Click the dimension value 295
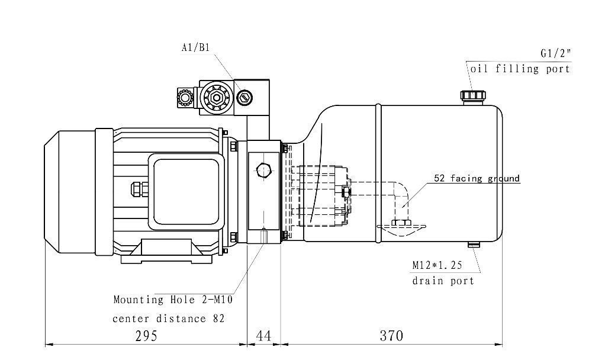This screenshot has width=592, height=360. click(x=146, y=336)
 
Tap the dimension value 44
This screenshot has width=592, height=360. click(x=263, y=336)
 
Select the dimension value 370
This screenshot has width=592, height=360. click(x=391, y=336)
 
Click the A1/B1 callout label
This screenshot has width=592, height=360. click(x=195, y=47)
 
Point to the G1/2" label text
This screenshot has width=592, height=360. click(x=556, y=53)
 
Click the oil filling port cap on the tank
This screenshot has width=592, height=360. click(x=472, y=95)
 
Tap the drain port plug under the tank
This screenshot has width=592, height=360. click(x=474, y=245)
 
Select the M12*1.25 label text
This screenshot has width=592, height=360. click(x=437, y=265)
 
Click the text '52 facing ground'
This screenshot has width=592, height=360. click(x=477, y=178)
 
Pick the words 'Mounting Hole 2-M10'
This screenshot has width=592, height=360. click(x=173, y=300)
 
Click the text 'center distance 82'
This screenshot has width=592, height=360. click(x=168, y=319)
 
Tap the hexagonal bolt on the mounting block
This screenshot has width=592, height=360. click(x=264, y=171)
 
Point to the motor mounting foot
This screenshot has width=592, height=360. click(x=166, y=252)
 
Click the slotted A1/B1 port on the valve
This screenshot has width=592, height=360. click(x=244, y=98)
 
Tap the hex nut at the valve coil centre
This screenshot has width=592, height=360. click(x=216, y=98)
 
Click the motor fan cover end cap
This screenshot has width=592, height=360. click(x=70, y=192)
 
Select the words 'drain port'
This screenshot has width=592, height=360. click(x=443, y=281)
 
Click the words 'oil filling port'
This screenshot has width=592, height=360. click(x=520, y=69)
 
